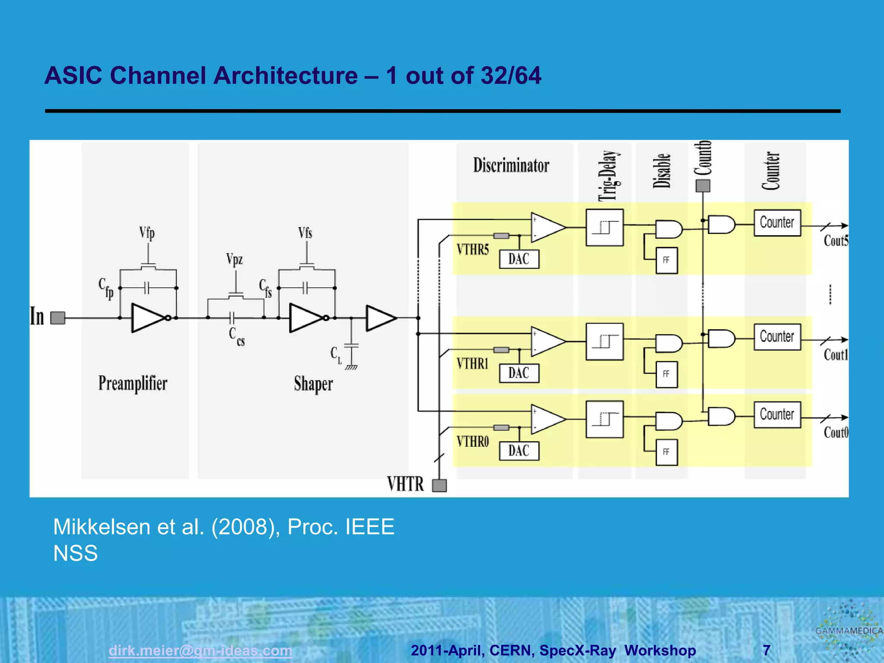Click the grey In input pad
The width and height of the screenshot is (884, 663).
point(58,318)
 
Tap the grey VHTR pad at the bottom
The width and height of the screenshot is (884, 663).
point(439,486)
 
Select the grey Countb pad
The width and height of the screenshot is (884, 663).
point(703,186)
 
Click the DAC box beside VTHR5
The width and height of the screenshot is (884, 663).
point(519,259)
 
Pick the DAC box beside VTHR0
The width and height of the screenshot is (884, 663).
point(519,451)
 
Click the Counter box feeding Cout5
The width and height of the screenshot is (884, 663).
point(777,223)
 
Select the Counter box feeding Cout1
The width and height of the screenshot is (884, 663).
point(777,337)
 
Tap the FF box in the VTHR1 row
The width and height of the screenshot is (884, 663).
point(666,374)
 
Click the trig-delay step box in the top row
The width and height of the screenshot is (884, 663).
point(604,227)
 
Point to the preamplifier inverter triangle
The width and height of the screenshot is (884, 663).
point(147,318)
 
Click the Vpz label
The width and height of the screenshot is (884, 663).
point(234,259)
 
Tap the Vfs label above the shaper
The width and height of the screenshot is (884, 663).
point(305,233)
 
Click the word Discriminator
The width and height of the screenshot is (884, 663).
point(511,165)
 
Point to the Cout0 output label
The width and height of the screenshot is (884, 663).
point(836,432)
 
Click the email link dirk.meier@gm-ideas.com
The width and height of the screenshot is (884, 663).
point(200,650)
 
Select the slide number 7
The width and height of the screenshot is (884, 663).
point(767,650)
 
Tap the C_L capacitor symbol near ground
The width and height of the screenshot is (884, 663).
point(351,345)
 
